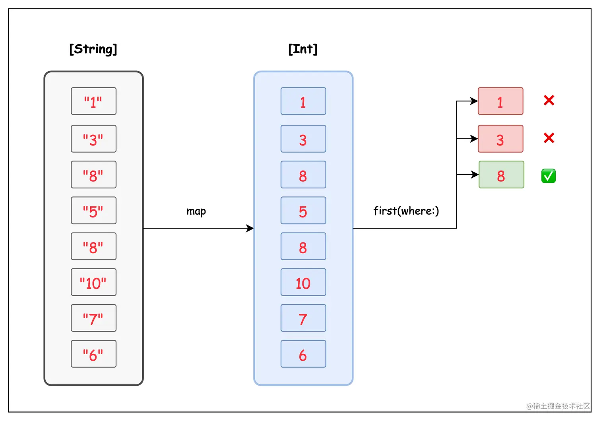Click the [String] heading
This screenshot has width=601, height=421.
[93, 49]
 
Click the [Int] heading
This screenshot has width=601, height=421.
[303, 49]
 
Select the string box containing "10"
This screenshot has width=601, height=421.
[93, 282]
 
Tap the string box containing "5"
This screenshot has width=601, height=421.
[93, 211]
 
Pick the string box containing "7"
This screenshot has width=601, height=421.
[93, 318]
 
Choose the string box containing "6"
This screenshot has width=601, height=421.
[93, 354]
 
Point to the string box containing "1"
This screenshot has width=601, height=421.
[93, 101]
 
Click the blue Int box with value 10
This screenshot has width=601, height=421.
[303, 282]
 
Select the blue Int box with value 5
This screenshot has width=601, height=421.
[303, 211]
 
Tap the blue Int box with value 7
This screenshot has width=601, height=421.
[303, 318]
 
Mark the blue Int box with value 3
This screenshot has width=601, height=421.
[303, 139]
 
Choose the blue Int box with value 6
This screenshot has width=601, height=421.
[303, 354]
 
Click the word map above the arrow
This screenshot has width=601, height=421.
[196, 211]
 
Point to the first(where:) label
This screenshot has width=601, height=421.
[406, 211]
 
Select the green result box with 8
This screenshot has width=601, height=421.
[501, 175]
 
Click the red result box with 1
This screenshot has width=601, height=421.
[500, 101]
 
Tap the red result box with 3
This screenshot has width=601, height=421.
[500, 139]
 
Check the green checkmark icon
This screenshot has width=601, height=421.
[549, 176]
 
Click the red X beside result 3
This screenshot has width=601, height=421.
[549, 138]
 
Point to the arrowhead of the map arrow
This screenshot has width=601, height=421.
[250, 228]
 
